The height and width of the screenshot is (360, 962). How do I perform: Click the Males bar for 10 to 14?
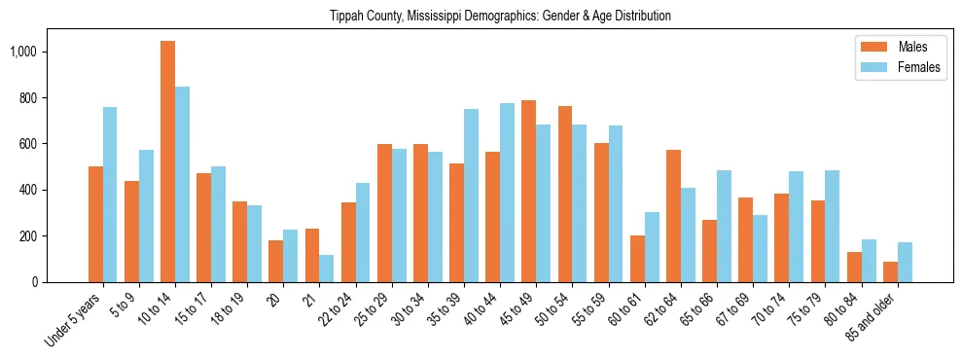click(x=168, y=162)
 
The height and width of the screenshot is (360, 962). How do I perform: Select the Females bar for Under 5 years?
click(x=110, y=195)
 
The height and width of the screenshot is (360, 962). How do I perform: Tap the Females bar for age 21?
click(x=327, y=269)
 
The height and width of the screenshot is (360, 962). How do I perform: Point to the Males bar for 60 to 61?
click(x=637, y=259)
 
